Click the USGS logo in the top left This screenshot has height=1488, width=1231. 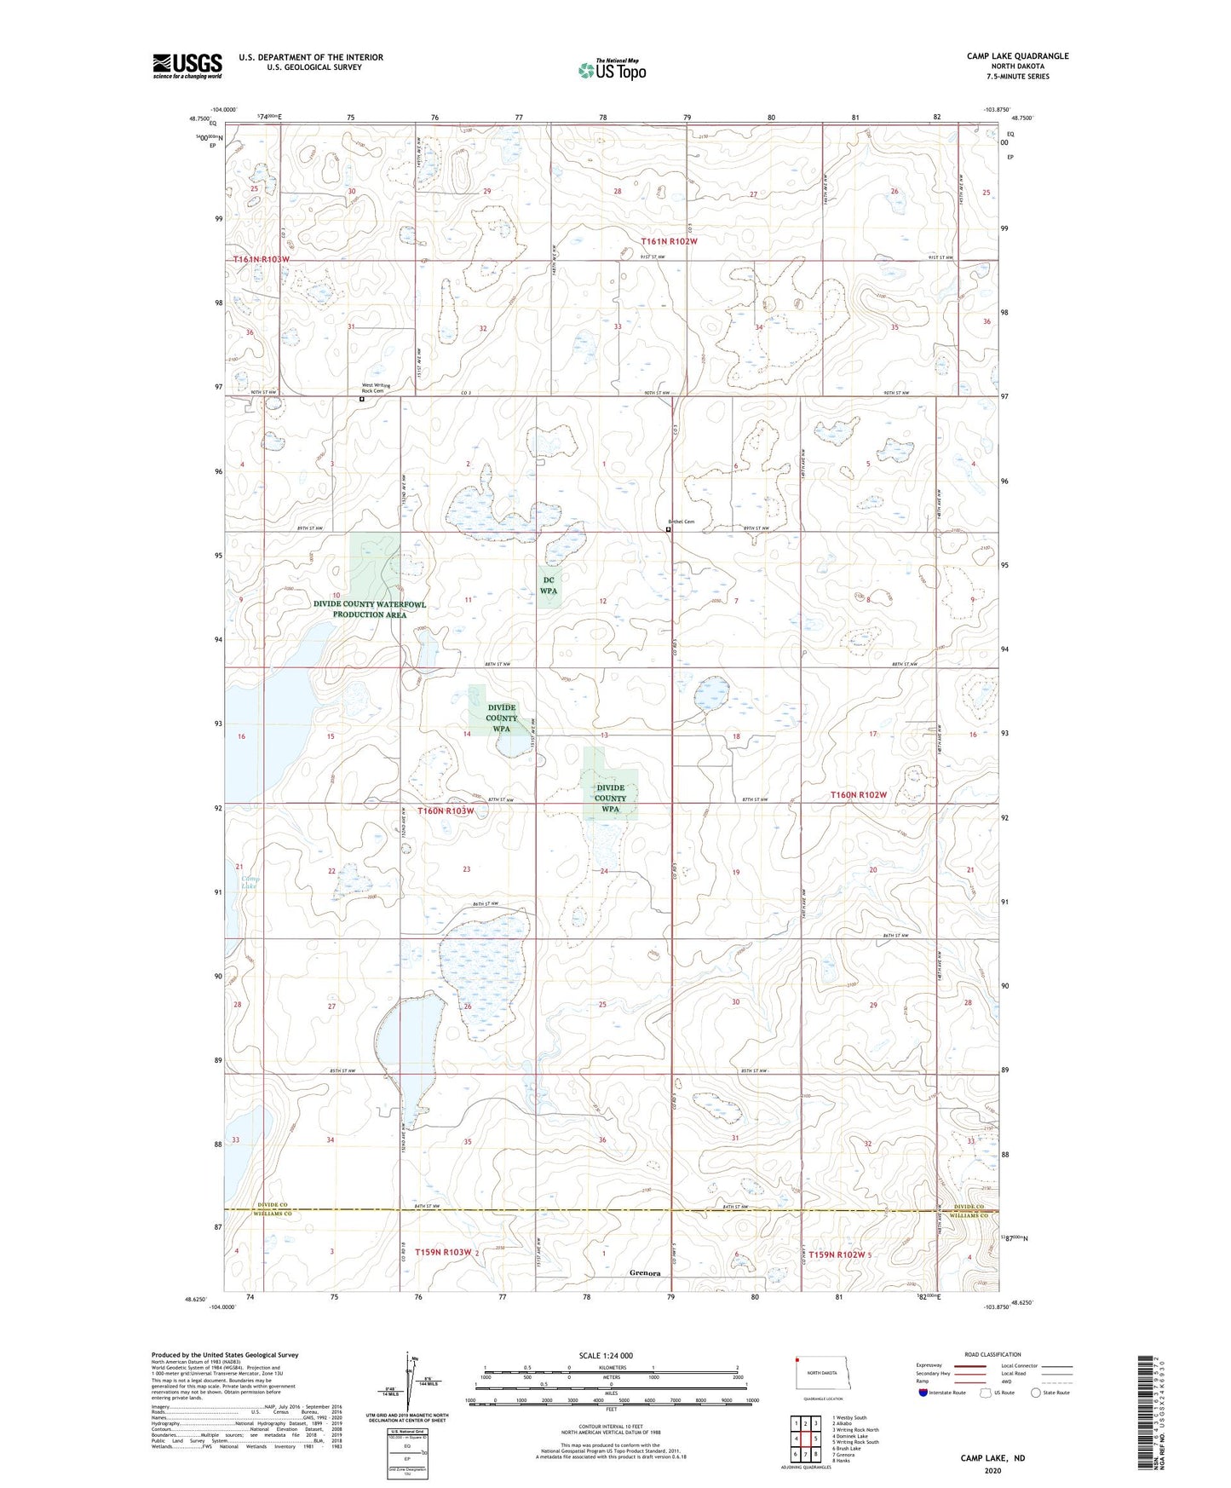(187, 65)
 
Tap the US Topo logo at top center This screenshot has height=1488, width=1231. (611, 70)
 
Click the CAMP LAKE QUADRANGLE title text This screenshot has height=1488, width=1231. (1017, 56)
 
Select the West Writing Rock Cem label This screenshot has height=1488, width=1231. (377, 388)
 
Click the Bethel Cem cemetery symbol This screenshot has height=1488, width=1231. (668, 529)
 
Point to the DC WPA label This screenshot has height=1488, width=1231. (549, 585)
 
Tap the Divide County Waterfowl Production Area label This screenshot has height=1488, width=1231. (371, 608)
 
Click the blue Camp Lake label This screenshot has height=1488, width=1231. (249, 882)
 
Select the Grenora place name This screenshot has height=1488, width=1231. (645, 1273)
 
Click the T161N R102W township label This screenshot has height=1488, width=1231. (669, 241)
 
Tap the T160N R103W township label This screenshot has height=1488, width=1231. (446, 810)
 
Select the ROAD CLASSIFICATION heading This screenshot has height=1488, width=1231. (992, 1354)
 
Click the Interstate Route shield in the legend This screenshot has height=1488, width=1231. (924, 1393)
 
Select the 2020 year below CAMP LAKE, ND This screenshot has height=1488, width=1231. (992, 1470)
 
